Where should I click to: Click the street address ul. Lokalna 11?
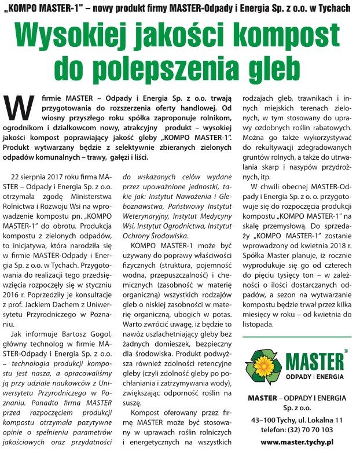tap(317, 419)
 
